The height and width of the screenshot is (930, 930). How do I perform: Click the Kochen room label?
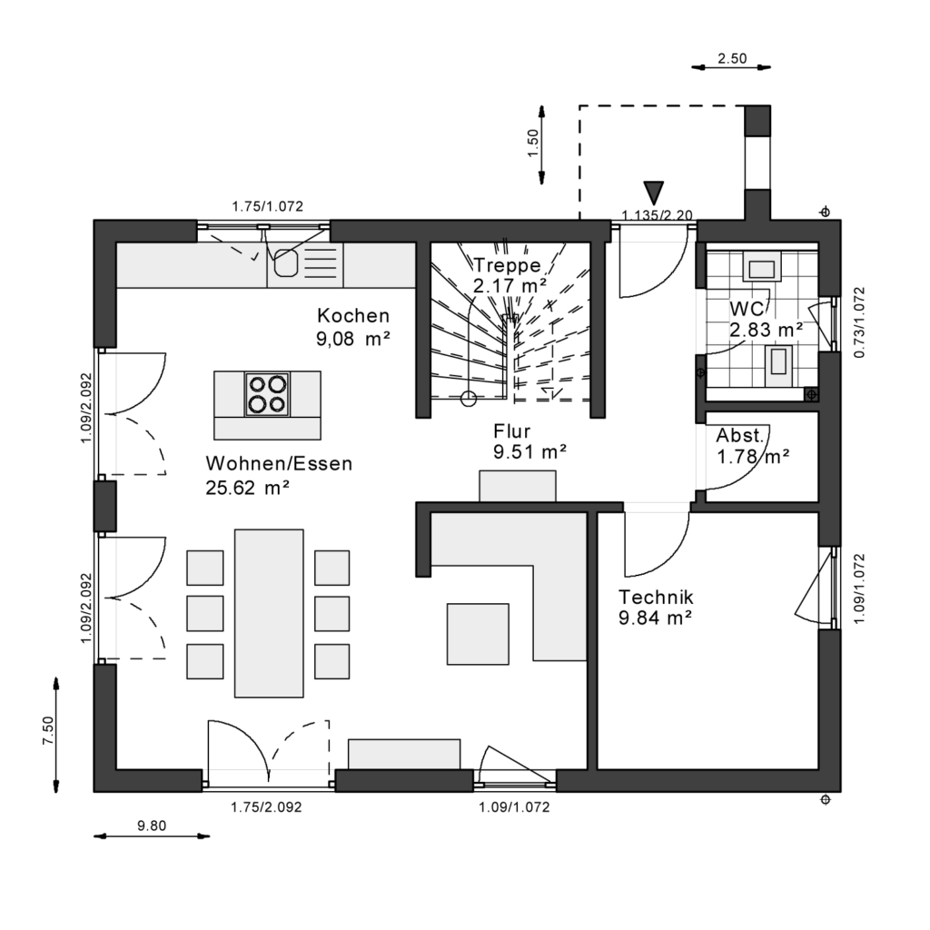tap(353, 316)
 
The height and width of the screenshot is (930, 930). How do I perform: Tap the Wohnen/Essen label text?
tap(279, 464)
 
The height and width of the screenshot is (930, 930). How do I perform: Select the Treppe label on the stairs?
tap(507, 265)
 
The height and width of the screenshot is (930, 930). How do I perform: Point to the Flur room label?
tap(512, 430)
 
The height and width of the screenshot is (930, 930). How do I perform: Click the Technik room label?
tap(656, 598)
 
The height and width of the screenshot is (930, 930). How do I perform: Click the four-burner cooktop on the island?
tap(267, 393)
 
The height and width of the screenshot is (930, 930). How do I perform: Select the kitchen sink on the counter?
tap(287, 261)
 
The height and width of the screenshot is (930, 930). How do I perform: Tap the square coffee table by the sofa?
tap(478, 633)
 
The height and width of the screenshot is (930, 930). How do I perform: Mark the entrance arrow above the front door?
tap(653, 192)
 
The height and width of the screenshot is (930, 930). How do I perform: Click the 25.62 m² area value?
tap(248, 488)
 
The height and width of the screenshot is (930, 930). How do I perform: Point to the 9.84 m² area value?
tap(656, 618)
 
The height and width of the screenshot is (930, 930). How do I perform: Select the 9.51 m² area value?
tap(530, 451)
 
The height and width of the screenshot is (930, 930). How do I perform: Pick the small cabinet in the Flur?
tap(518, 486)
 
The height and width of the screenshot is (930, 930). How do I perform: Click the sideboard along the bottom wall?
tap(404, 754)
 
